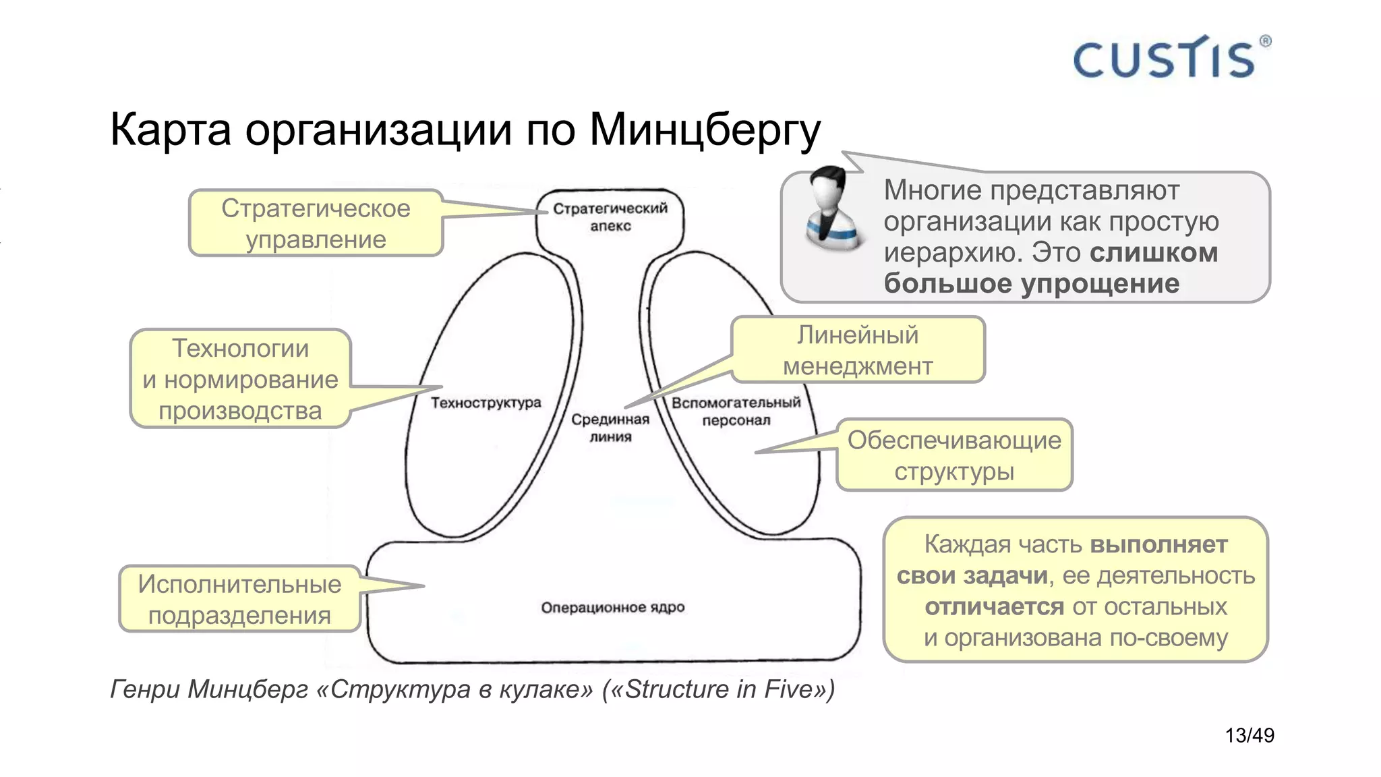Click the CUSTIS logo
1164,59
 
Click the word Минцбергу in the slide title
705,129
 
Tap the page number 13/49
1249,735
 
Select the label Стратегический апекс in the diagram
610,217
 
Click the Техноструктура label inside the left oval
486,403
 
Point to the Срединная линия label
610,428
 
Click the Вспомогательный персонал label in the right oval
736,411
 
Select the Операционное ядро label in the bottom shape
612,607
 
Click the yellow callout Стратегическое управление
316,223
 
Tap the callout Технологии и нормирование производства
240,379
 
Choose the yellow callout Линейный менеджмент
858,350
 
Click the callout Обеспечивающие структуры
954,455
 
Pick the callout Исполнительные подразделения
239,600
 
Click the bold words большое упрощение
1031,284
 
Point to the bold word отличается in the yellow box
994,606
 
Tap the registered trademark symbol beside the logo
1265,41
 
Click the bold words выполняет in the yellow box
1158,544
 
